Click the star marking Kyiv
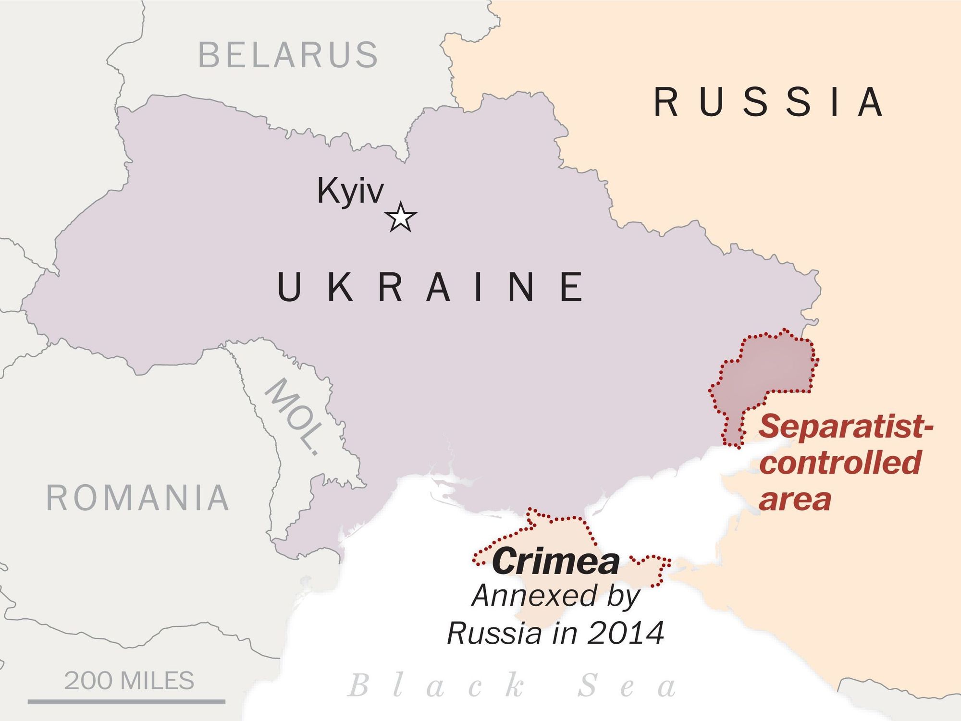[x=401, y=218]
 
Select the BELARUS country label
[x=288, y=55]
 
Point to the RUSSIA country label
[x=769, y=102]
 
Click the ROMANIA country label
[x=138, y=498]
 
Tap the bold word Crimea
[x=555, y=562]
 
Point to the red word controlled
[x=840, y=462]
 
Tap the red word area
[x=795, y=500]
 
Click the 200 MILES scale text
[x=129, y=681]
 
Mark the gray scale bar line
[x=126, y=702]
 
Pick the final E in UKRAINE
[x=572, y=287]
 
